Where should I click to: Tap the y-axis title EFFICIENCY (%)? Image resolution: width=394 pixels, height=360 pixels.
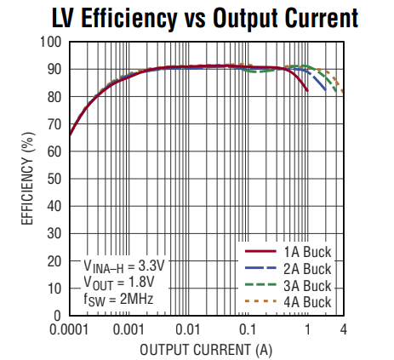tap(27, 177)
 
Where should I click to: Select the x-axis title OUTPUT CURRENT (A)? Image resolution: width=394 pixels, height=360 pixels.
tap(205, 349)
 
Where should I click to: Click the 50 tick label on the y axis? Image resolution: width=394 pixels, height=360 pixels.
tap(54, 179)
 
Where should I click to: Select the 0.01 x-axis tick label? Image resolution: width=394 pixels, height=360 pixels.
tap(188, 329)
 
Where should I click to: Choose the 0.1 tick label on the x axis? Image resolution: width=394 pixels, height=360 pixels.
tap(248, 329)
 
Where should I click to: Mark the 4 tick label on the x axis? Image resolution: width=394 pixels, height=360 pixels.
tap(343, 329)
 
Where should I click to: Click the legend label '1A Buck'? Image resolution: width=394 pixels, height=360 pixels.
tap(308, 252)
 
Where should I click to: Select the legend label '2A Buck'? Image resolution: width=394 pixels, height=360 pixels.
tap(308, 268)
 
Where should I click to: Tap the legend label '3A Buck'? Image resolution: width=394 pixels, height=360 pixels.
tap(308, 284)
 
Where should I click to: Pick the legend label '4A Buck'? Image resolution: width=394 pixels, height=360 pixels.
tap(308, 300)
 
